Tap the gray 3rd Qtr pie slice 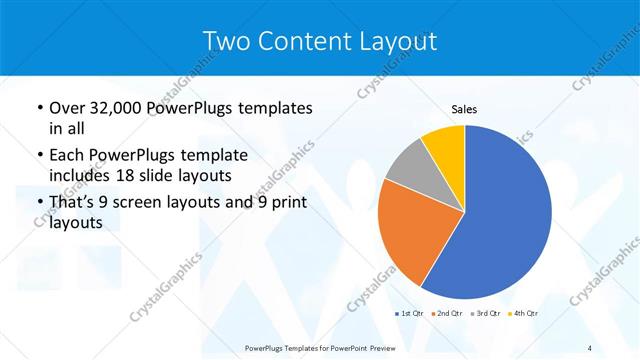pyautogui.click(x=409, y=166)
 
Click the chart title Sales pyautogui.click(x=465, y=108)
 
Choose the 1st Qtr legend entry pyautogui.click(x=412, y=314)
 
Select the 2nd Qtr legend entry pyautogui.click(x=447, y=314)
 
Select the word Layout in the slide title pyautogui.click(x=394, y=41)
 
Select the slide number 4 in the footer pyautogui.click(x=590, y=348)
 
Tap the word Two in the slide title pyautogui.click(x=225, y=41)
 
